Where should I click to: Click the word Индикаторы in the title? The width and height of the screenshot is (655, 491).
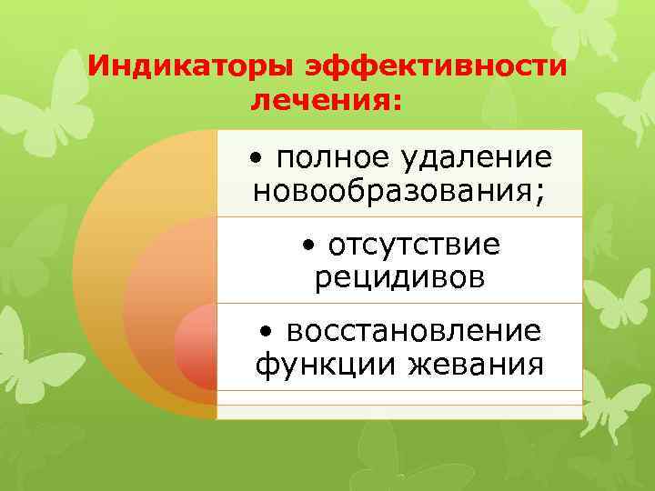click(x=191, y=66)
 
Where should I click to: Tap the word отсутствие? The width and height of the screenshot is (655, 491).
click(x=414, y=245)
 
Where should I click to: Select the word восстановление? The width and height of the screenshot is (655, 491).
click(x=414, y=330)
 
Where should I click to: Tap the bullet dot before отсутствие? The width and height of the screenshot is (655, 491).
click(x=310, y=246)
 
